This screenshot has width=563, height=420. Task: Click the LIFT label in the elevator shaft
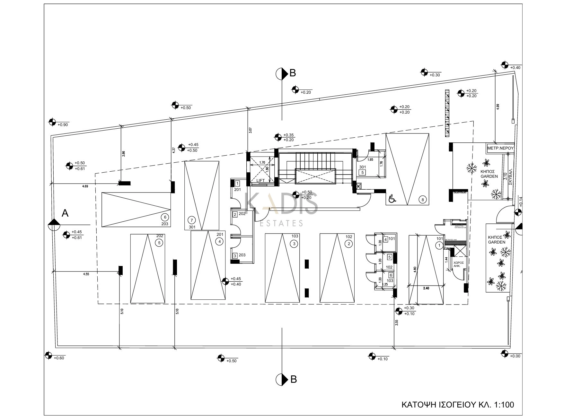pos(260,181)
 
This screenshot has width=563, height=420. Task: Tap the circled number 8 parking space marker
pos(423,200)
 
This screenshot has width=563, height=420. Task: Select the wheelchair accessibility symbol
pos(392,200)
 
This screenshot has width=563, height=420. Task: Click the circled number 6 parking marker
pos(165,217)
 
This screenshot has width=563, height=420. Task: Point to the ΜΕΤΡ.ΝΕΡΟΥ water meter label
pos(500,149)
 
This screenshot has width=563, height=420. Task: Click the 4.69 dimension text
pos(85,186)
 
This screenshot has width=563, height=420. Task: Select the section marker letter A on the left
pos(65,213)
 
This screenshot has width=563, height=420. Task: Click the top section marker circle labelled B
pos(282,74)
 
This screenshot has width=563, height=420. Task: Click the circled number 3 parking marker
pos(294,244)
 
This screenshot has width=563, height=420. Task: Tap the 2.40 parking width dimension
pos(426,288)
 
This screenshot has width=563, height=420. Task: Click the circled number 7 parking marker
pos(192,220)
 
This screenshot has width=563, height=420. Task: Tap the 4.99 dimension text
pos(498,107)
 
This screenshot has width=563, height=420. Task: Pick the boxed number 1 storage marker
pos(237,184)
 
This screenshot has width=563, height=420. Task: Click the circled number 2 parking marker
pos(349,244)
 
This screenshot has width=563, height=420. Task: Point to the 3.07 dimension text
pos(250,131)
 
